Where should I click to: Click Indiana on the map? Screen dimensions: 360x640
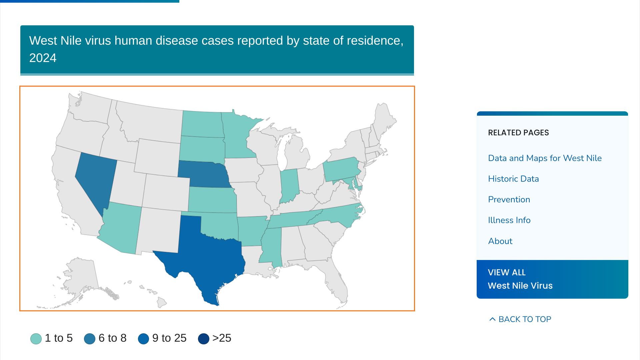click(x=289, y=185)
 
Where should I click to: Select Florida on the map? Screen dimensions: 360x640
click(x=337, y=283)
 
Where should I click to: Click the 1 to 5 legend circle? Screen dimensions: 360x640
click(x=36, y=339)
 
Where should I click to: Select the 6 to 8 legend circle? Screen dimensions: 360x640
click(x=90, y=339)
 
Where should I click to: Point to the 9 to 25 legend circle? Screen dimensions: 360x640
click(x=143, y=339)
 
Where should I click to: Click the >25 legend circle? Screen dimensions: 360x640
click(x=204, y=339)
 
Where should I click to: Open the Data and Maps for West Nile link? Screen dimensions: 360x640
click(x=545, y=158)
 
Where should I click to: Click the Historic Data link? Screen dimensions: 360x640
click(x=513, y=179)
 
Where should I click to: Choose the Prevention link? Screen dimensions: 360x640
click(x=509, y=200)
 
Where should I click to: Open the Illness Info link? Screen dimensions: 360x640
click(x=509, y=220)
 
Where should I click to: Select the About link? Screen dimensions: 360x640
click(x=500, y=241)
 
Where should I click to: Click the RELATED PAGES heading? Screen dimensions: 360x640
click(x=518, y=133)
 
